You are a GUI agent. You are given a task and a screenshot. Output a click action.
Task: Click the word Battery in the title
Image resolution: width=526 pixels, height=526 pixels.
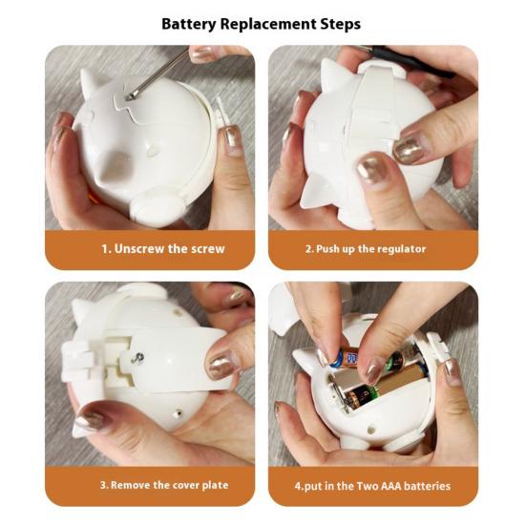click(x=189, y=24)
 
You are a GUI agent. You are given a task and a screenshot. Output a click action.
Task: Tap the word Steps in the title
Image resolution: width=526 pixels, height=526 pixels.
click(x=341, y=24)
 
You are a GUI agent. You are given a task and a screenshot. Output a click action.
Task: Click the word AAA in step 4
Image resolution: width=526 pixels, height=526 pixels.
click(x=389, y=486)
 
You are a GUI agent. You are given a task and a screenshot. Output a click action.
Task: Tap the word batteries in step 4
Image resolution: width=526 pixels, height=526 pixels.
click(x=427, y=486)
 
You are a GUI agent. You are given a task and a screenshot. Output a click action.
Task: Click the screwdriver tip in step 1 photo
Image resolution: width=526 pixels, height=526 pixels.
click(x=130, y=97)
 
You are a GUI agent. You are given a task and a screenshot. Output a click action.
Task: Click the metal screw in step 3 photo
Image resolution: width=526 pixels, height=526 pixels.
click(x=137, y=358)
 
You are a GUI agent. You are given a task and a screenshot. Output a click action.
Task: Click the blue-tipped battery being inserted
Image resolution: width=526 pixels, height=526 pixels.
click(x=345, y=358)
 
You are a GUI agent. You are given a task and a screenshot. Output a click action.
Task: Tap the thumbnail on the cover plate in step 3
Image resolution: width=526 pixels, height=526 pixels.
click(x=221, y=365)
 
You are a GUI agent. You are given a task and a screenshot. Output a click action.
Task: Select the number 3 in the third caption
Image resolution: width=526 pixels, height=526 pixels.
click(x=103, y=485)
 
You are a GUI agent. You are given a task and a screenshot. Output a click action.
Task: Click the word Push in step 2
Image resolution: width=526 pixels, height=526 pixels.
click(x=327, y=249)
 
